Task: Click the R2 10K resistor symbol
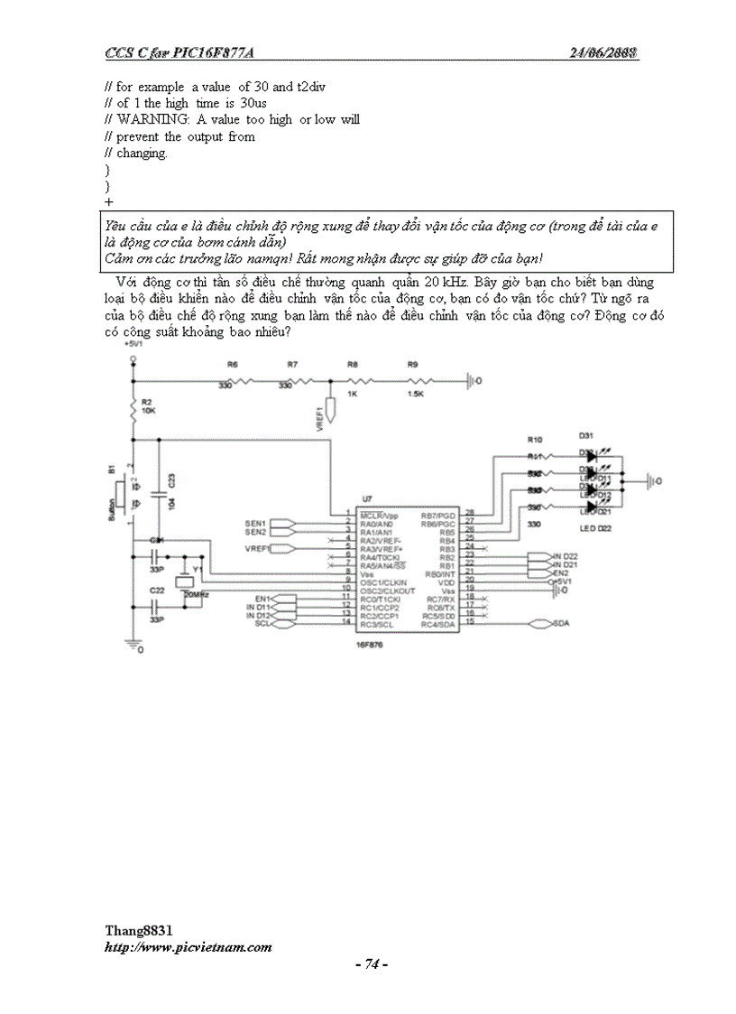tap(133, 412)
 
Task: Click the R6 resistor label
tap(232, 364)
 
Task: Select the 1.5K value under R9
tap(415, 395)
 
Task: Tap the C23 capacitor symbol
tap(159, 494)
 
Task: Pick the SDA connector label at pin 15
tap(560, 624)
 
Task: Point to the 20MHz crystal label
tap(197, 595)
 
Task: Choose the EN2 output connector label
tap(561, 572)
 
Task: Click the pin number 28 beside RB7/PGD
tap(469, 515)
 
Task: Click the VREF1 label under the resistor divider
tap(320, 421)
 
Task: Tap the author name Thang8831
tap(139, 930)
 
